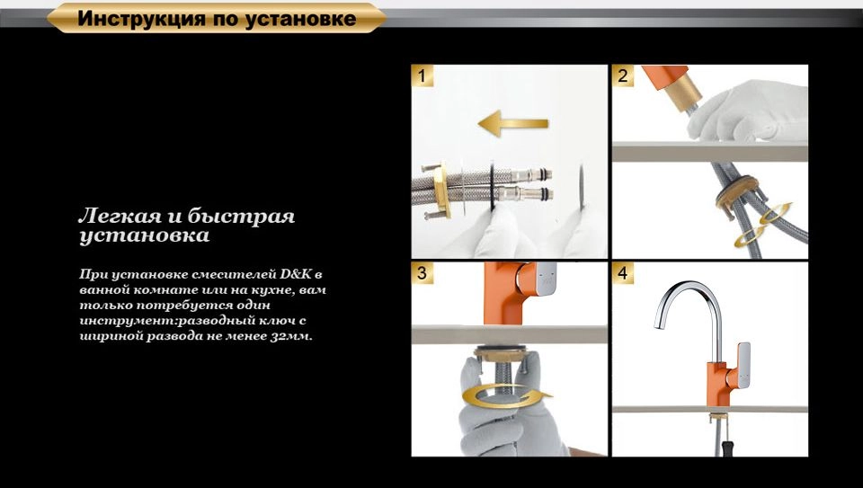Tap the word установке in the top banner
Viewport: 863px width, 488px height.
[x=300, y=19]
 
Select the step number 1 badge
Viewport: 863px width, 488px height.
[x=423, y=75]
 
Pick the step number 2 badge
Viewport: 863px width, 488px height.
[x=622, y=75]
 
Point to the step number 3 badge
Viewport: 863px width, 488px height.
[x=423, y=273]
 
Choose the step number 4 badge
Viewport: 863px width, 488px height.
[x=622, y=273]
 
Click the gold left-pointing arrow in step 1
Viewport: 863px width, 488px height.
[x=513, y=123]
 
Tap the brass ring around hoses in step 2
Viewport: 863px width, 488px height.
[x=736, y=190]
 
